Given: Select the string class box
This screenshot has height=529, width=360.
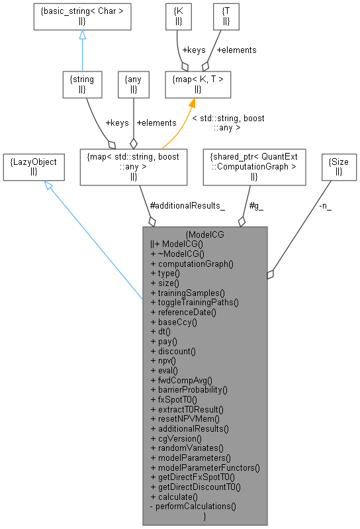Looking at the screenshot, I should (81, 85).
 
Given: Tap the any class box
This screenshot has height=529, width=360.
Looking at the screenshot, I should (134, 85).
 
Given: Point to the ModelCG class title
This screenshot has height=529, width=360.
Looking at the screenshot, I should (205, 234).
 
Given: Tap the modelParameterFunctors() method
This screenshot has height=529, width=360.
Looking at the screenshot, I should (205, 467).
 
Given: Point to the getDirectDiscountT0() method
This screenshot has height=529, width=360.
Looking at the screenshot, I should (195, 487).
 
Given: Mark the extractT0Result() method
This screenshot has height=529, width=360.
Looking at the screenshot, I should (185, 409).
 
